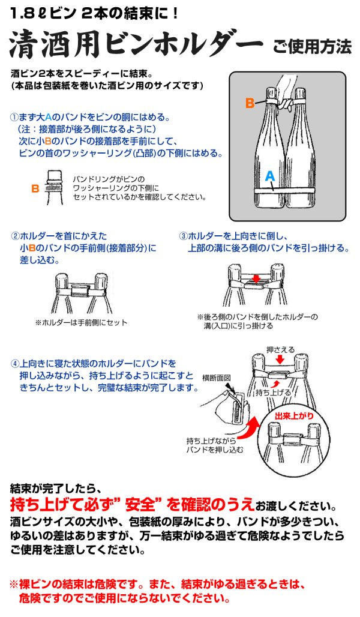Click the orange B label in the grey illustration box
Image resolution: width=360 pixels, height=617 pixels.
click(x=249, y=103)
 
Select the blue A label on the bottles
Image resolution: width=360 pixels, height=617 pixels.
click(x=270, y=175)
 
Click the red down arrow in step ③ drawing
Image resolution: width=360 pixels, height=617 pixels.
click(x=256, y=278)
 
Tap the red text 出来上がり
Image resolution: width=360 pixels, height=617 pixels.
click(x=293, y=416)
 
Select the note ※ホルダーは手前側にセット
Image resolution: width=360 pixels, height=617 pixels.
click(x=81, y=322)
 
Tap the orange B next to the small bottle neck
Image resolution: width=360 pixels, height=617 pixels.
click(x=35, y=188)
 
